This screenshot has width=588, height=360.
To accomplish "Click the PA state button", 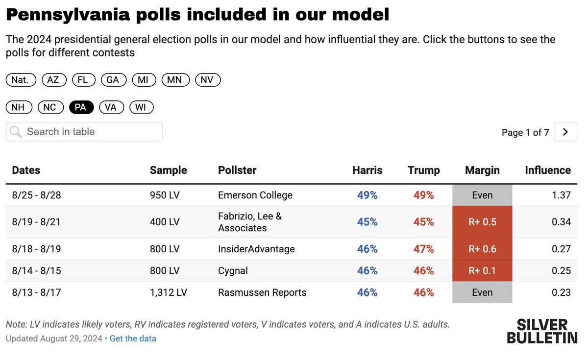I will (81, 107).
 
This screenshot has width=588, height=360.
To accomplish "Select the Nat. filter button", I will (21, 80).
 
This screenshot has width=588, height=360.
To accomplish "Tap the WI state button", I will (141, 107).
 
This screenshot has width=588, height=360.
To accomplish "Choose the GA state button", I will (113, 80).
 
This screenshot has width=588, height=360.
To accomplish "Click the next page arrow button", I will (565, 132).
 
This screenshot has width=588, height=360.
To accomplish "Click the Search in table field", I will (84, 132).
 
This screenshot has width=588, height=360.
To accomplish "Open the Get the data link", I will (133, 338).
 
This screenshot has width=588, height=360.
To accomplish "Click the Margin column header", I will (482, 170).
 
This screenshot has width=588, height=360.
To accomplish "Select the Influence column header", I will (547, 170).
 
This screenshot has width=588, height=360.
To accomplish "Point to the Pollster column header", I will (237, 170).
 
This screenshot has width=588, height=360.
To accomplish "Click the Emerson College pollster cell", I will (255, 195).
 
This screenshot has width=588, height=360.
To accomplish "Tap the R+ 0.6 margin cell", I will (482, 249).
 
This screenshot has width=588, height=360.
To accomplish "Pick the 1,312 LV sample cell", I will (168, 292).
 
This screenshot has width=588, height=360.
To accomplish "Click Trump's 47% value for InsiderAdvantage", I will (423, 249).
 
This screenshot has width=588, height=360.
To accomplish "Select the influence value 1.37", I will (561, 195).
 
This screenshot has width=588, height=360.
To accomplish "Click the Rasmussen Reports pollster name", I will (262, 292).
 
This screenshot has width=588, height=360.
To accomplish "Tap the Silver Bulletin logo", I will (542, 331).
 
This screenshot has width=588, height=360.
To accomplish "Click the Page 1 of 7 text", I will (525, 133).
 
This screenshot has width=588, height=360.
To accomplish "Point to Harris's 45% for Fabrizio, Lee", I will (367, 222).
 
